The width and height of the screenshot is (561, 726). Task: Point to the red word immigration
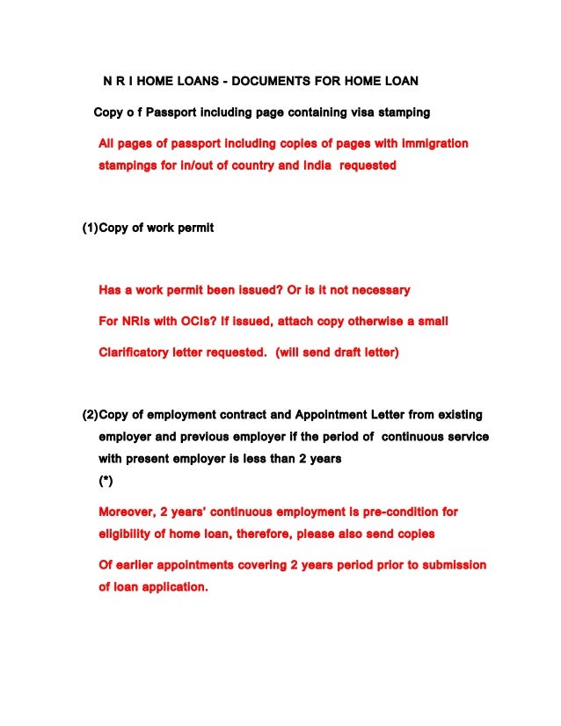click(427, 142)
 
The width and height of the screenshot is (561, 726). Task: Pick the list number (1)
click(89, 228)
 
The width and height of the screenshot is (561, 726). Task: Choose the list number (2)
click(89, 414)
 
